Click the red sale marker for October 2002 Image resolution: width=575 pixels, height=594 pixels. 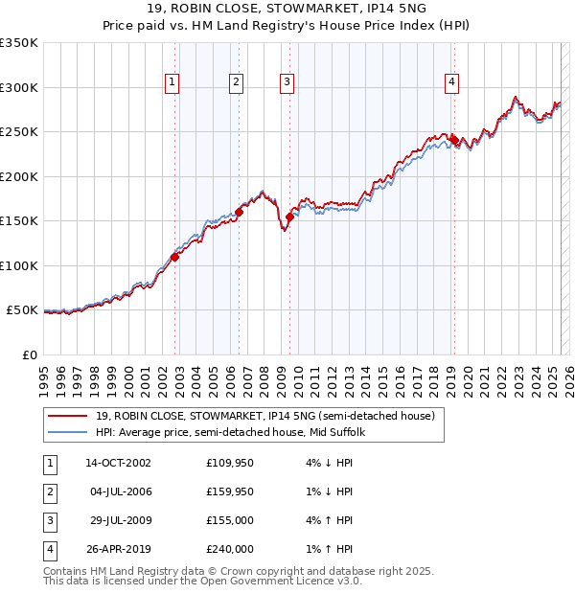175,257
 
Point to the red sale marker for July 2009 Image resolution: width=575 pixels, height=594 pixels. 289,217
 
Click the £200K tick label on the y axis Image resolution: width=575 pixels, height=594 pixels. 19,176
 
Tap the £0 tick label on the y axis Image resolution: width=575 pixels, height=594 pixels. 29,354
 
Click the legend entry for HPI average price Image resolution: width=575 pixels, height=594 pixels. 238,432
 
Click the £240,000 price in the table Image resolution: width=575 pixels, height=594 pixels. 230,549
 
